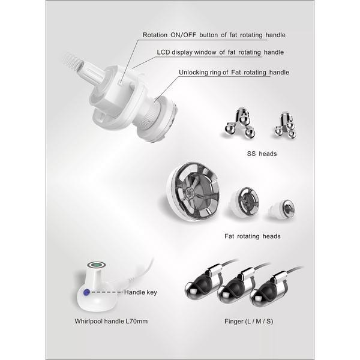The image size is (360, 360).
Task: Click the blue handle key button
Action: [86, 292]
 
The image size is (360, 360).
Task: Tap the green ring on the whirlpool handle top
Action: [97, 265]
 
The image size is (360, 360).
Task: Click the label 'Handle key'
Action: [140, 292]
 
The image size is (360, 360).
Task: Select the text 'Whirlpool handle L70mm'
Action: [111, 321]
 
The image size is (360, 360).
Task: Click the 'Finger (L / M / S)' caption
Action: [248, 321]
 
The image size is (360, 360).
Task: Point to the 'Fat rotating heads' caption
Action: [253, 236]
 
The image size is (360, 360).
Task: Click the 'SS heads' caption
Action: [262, 154]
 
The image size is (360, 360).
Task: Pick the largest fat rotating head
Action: [193, 191]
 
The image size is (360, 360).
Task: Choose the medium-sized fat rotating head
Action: [245, 202]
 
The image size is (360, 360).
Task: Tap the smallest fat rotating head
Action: [282, 209]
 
